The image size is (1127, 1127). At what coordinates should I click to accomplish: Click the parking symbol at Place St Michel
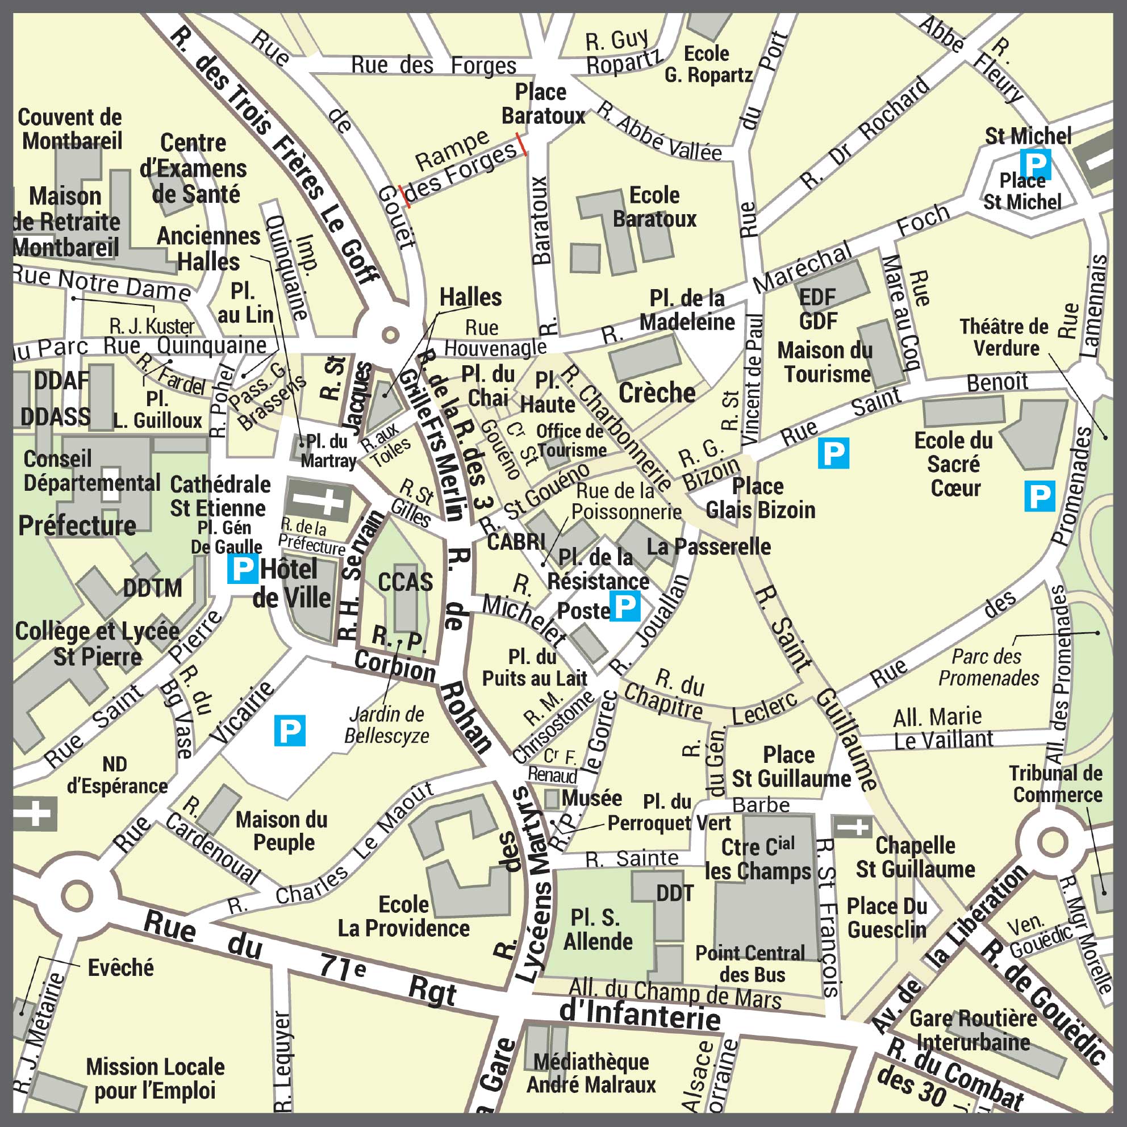click(1036, 164)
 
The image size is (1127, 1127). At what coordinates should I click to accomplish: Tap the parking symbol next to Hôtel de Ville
click(242, 569)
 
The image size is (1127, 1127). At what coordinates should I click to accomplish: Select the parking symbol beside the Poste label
click(625, 606)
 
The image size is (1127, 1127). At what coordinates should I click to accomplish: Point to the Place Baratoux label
click(542, 104)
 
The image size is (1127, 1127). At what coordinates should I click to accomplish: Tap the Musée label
click(591, 798)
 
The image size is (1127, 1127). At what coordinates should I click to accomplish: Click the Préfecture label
click(77, 525)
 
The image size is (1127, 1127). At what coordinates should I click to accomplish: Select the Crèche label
click(657, 393)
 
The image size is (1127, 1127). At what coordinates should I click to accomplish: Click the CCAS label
click(406, 582)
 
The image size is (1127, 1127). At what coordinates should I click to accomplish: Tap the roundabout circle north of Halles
click(390, 335)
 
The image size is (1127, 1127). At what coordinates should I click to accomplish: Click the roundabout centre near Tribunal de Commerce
click(1052, 842)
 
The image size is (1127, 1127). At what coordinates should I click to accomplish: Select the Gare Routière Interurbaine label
click(973, 1030)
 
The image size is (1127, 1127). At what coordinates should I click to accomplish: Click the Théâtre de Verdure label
click(1004, 337)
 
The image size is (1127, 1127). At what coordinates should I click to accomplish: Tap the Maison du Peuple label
click(282, 830)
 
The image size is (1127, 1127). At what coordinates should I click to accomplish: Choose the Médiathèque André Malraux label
click(591, 1074)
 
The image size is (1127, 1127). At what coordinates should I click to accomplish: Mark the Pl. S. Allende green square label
click(598, 929)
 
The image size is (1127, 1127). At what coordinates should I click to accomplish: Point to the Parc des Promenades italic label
click(988, 667)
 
